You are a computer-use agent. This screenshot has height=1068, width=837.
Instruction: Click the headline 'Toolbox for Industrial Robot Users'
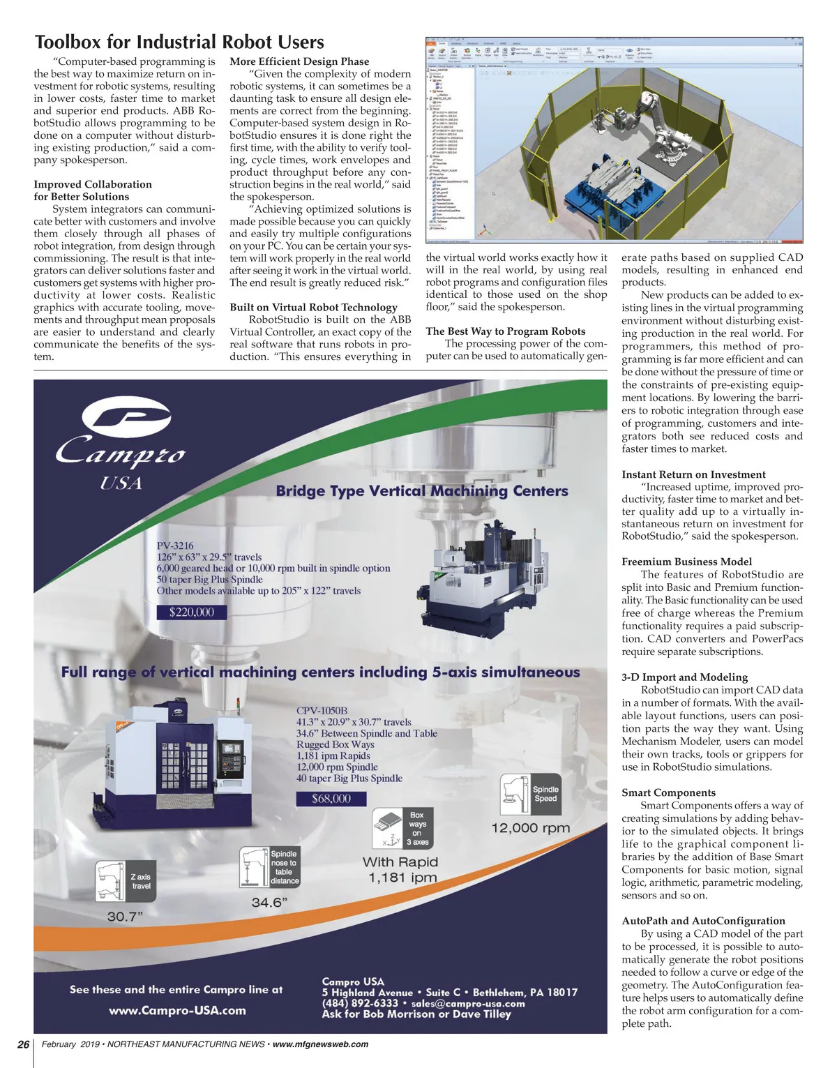pos(179,43)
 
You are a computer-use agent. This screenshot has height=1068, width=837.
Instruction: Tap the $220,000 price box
pos(192,612)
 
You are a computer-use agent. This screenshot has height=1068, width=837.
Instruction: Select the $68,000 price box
pos(331,799)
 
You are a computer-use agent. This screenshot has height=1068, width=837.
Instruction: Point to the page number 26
pos(23,1044)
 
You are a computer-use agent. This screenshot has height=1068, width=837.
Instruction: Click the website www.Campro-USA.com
pos(177,1010)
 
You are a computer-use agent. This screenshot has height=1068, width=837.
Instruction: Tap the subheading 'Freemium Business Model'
pos(686,562)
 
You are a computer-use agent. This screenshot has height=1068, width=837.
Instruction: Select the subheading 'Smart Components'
pos(668,792)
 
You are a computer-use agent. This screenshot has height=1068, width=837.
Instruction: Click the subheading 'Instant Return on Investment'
pos(693,474)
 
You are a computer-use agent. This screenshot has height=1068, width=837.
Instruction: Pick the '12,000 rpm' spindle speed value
pos(531,828)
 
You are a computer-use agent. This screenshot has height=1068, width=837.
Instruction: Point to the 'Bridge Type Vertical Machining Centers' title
pos(422,490)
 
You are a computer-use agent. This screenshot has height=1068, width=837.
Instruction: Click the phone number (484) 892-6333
pos(360,1003)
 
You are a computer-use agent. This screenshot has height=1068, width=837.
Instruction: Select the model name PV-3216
pos(175,546)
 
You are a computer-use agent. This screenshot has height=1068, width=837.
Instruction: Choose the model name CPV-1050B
pos(322,711)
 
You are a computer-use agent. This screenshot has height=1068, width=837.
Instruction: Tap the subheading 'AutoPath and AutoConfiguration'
pos(703,921)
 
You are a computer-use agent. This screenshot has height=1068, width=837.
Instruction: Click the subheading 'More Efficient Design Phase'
pos(299,61)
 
